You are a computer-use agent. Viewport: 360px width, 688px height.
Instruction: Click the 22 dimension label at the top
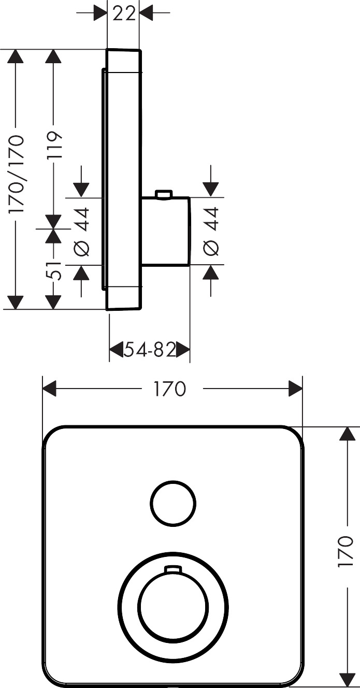123,13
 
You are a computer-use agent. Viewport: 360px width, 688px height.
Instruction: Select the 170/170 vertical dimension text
17,175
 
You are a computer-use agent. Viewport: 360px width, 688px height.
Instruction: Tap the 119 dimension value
54,146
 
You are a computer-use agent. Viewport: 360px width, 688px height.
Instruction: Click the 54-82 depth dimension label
150,351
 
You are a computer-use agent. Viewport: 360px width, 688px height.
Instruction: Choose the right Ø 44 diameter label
211,231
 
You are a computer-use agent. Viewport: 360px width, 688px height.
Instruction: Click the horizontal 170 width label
169,389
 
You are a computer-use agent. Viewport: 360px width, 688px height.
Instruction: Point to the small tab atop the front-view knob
173,570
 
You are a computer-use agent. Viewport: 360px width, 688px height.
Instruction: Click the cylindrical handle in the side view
166,231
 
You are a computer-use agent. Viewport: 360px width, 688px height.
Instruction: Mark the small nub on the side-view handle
163,194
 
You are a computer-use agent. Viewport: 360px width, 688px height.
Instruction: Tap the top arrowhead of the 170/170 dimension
17,56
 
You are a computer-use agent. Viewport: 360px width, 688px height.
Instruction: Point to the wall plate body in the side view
123,179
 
